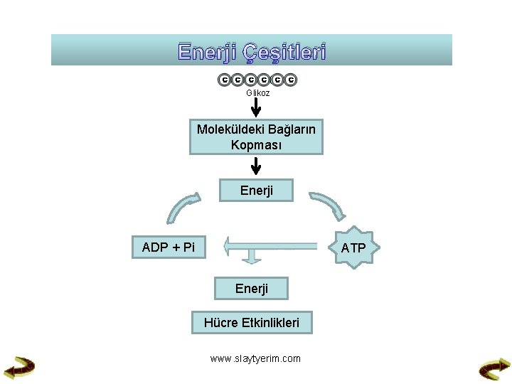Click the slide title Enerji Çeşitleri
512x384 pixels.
(252, 52)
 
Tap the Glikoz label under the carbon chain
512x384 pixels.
(257, 93)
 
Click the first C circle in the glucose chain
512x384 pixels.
(223, 80)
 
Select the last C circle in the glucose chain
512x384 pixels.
(291, 80)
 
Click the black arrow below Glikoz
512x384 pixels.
(257, 107)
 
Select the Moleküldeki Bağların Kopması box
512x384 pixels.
(256, 137)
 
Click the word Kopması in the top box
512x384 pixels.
(256, 145)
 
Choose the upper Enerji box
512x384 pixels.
(256, 191)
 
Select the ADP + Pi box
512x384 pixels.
(169, 247)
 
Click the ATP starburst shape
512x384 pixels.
(353, 247)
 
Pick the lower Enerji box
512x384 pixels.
(252, 288)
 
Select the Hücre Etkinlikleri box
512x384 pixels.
(252, 323)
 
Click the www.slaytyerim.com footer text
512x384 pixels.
(255, 358)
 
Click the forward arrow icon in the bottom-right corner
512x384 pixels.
(494, 368)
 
